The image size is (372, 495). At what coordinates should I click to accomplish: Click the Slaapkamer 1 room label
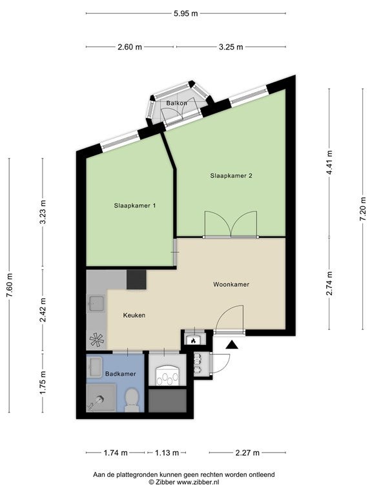click(134, 206)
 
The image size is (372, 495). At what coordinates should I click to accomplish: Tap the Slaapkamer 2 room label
click(231, 175)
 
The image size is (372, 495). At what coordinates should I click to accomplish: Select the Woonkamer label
click(231, 284)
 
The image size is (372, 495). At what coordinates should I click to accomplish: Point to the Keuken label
click(134, 315)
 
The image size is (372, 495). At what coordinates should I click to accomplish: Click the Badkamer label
click(121, 374)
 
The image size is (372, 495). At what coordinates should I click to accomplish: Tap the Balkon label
click(176, 103)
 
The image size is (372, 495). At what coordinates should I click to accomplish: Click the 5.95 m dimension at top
click(186, 13)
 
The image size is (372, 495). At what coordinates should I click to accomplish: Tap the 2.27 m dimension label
click(249, 452)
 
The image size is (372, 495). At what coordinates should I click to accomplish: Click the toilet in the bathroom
click(132, 399)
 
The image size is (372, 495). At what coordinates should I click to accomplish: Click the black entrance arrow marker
click(231, 345)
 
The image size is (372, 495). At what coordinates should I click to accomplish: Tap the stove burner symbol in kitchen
click(96, 339)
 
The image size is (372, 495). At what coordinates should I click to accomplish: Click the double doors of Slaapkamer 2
click(231, 226)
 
